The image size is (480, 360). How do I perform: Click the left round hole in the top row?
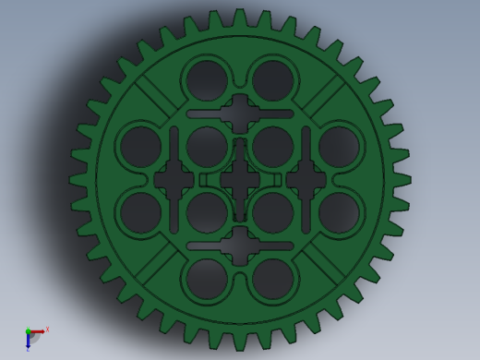click(207, 80)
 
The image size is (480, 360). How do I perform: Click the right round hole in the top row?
click(272, 80)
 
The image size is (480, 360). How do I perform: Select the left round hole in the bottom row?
click(207, 278)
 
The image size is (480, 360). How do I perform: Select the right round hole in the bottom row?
click(272, 278)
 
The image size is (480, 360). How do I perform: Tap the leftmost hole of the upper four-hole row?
click(140, 147)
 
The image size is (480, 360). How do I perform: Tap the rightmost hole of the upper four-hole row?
click(339, 147)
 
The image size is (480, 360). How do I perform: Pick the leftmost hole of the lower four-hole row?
click(140, 212)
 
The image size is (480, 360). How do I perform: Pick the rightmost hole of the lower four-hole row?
click(339, 212)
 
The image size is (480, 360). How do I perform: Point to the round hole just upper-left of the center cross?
click(207, 147)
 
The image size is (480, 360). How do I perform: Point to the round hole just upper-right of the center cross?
click(272, 147)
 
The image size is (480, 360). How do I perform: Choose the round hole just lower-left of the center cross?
click(207, 212)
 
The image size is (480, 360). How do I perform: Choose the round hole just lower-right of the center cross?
click(272, 212)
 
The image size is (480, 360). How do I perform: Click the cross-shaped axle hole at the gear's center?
click(240, 180)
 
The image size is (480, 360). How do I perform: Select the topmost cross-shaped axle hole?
click(240, 114)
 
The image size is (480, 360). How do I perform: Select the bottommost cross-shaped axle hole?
click(240, 246)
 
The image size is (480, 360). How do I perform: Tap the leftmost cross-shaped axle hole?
click(174, 180)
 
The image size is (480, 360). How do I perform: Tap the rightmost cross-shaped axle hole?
click(306, 180)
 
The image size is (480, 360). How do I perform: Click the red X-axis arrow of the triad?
click(38, 331)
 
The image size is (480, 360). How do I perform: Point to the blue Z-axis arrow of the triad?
click(28, 342)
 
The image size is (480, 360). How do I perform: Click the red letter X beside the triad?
click(47, 329)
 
